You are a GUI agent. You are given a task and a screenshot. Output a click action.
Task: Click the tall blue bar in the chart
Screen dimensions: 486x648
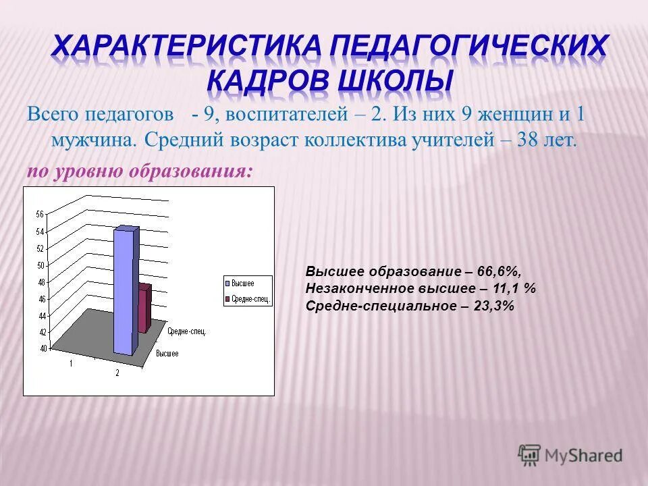tap(125, 290)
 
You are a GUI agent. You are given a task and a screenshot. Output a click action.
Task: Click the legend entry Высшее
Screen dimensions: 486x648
tap(242, 283)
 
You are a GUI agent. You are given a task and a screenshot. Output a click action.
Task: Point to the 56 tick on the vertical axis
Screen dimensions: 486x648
tap(39, 214)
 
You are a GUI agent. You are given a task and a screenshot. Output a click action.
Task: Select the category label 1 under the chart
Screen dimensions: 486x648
tap(70, 364)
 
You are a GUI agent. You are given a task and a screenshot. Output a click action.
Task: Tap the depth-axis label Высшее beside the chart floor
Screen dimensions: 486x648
tap(167, 354)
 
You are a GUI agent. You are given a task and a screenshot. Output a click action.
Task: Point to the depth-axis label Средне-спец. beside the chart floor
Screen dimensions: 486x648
tap(187, 331)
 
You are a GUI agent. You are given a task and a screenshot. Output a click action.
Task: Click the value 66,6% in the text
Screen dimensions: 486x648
tap(499, 271)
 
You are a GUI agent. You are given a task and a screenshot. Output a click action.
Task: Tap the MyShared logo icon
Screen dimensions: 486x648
tap(529, 454)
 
